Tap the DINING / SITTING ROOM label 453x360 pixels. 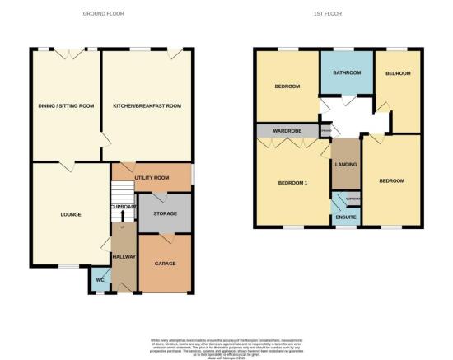click(x=65, y=106)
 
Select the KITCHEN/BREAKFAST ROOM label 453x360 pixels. click(x=147, y=106)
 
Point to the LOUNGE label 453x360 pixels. click(x=70, y=216)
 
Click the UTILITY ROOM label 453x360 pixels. click(x=152, y=177)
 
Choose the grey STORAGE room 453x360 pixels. click(x=163, y=214)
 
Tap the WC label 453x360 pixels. click(x=100, y=278)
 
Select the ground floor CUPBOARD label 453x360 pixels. click(x=124, y=207)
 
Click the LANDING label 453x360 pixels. click(x=346, y=165)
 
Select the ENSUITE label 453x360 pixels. click(x=347, y=217)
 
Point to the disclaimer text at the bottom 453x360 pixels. click(x=226, y=344)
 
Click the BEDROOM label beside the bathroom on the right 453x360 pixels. click(x=398, y=73)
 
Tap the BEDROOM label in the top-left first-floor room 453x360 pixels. click(x=287, y=86)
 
